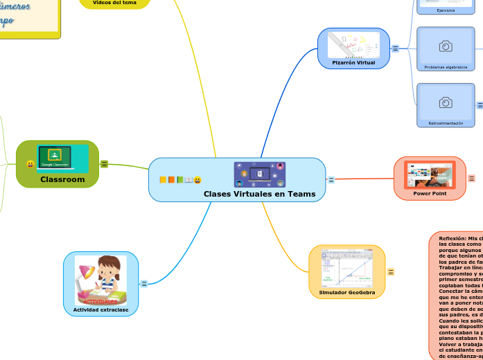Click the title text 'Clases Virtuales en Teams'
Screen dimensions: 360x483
(x=259, y=194)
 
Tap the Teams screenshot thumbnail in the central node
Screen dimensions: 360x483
(x=260, y=174)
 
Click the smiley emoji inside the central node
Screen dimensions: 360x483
(x=197, y=180)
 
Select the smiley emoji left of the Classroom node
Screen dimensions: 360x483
(x=30, y=164)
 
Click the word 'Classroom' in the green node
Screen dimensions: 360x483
(x=62, y=179)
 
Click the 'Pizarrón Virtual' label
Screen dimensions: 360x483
(x=353, y=62)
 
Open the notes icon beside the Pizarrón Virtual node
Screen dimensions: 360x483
(x=395, y=48)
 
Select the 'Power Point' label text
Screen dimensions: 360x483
(x=430, y=193)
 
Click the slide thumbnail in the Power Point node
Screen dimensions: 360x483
(x=430, y=175)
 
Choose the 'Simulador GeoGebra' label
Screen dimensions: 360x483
(x=347, y=293)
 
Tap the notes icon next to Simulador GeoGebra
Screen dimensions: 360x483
(x=391, y=272)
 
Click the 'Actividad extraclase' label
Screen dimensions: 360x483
(x=101, y=309)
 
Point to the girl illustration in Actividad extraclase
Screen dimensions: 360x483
(x=101, y=280)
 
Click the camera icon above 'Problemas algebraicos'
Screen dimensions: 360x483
(x=446, y=46)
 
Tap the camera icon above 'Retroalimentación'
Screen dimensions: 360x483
(x=446, y=102)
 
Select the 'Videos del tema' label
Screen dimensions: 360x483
(x=115, y=3)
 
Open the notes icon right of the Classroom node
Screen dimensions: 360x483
(x=104, y=164)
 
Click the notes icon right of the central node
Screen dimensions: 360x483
(x=331, y=180)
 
